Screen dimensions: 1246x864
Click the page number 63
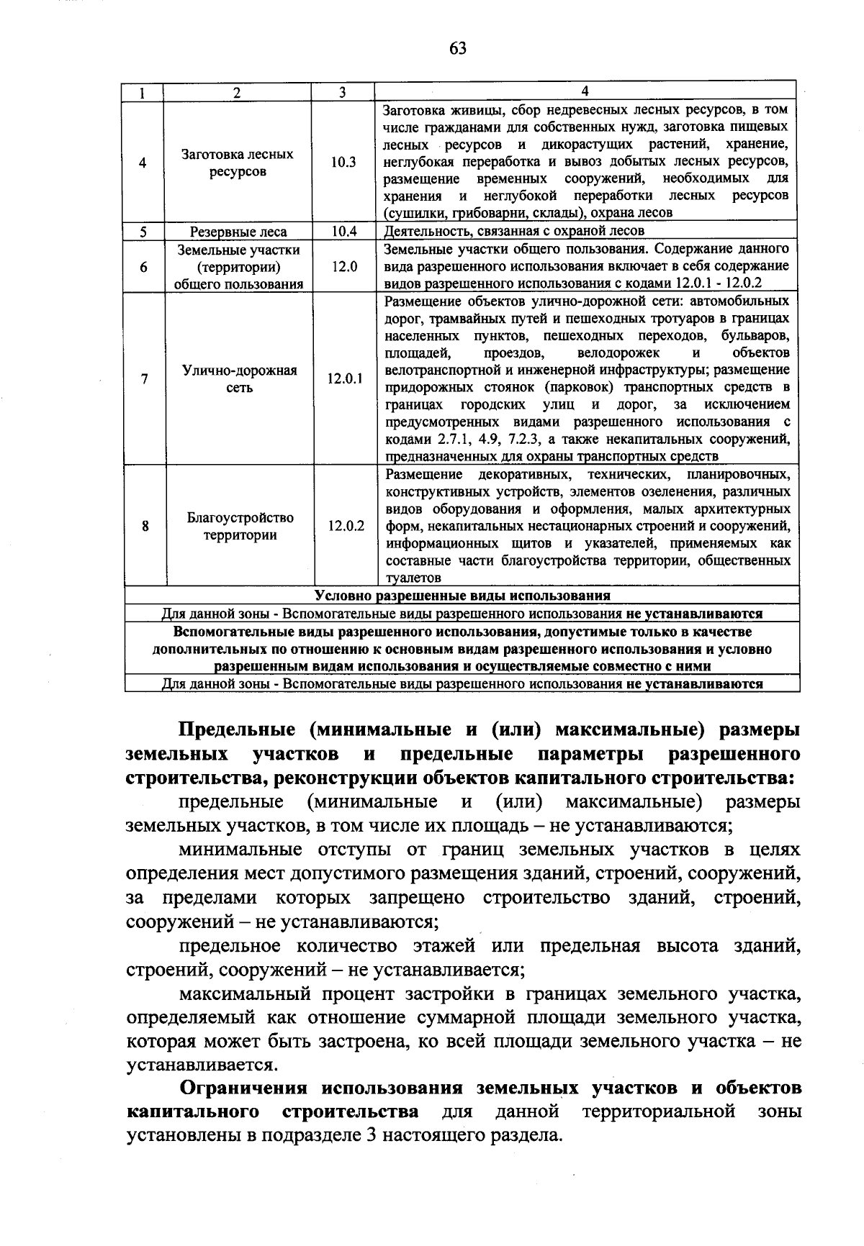pos(458,48)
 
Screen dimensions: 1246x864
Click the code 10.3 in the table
pos(343,163)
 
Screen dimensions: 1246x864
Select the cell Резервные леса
pos(238,232)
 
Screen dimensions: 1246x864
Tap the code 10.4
pos(343,232)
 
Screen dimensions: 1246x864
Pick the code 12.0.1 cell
pos(345,379)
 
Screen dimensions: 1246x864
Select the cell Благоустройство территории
pos(240,526)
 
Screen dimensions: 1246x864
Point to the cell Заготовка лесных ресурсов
pos(238,163)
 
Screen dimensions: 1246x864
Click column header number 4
pos(585,91)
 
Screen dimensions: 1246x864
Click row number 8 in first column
pos(145,526)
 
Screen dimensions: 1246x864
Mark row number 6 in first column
pos(144,267)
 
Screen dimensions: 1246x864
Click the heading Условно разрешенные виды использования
pos(462,596)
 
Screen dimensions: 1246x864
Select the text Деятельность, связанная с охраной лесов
pos(515,231)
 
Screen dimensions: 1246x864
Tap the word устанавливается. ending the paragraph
pos(202,1065)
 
